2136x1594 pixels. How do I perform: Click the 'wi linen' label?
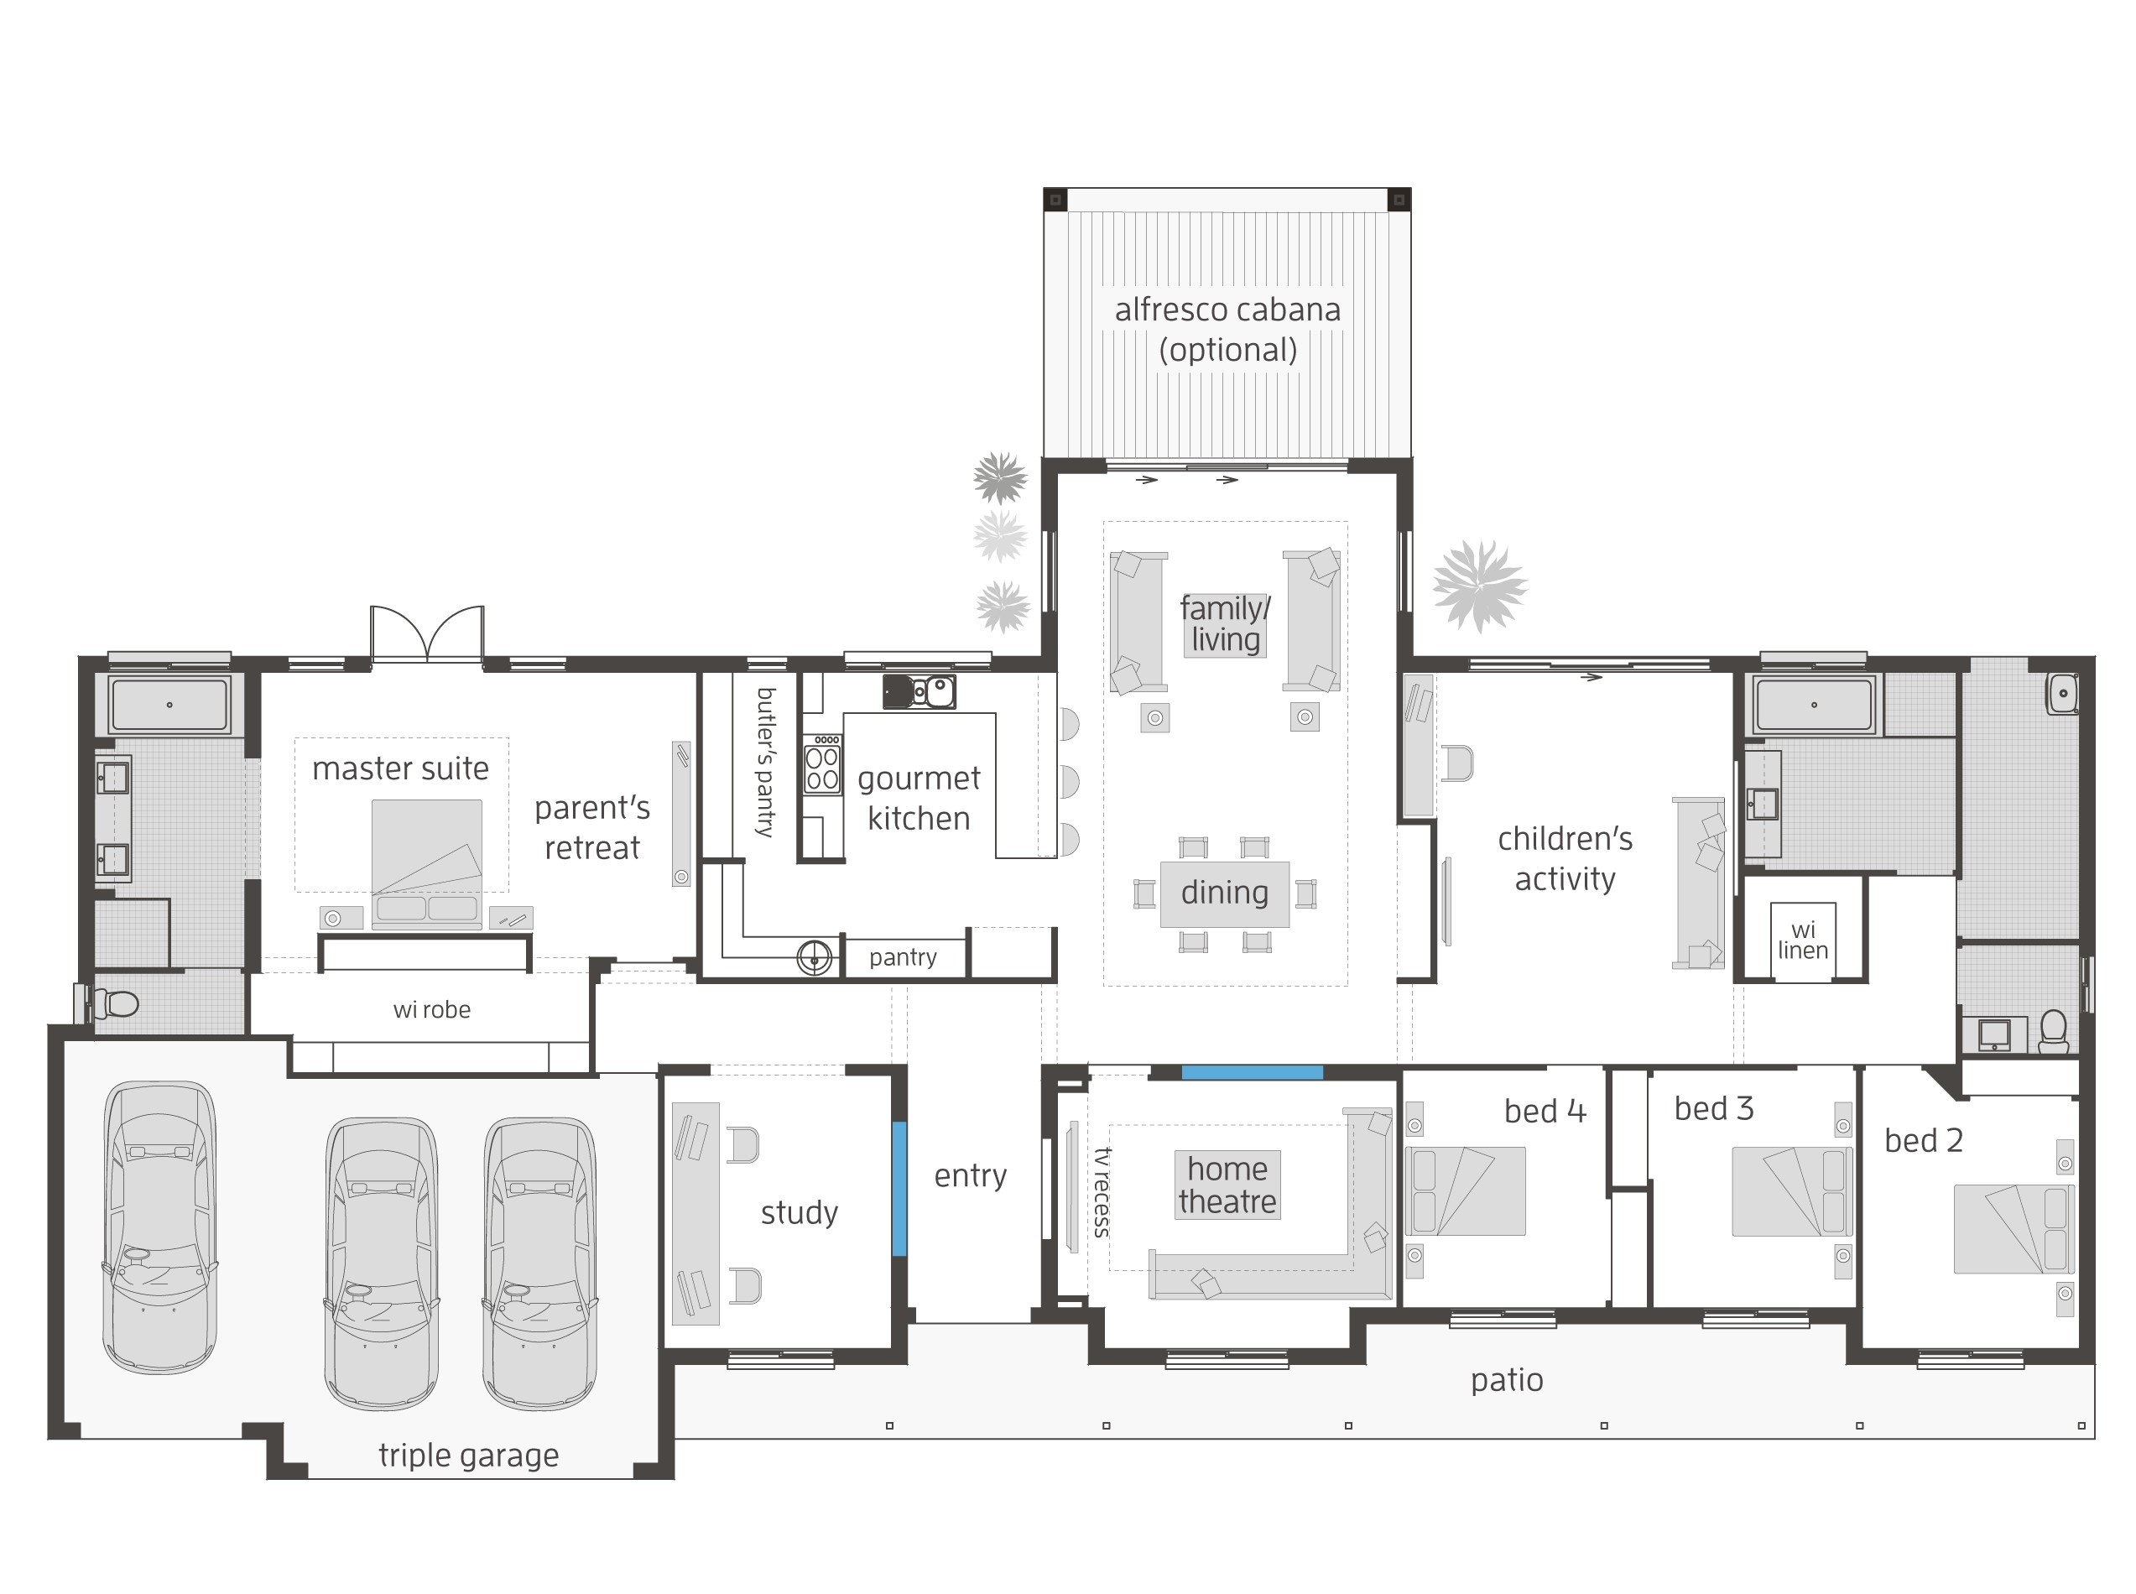1801,940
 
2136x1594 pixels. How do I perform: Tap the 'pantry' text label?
902,957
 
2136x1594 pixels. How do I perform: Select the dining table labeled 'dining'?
1223,893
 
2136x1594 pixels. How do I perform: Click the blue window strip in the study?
899,1188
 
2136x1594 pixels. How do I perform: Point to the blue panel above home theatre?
1251,1072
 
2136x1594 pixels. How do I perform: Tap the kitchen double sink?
931,690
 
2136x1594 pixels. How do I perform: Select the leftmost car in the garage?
160,1226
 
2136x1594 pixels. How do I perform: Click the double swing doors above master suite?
426,635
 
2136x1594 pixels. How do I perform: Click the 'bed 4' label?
1544,1112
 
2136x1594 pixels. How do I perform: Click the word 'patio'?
1506,1380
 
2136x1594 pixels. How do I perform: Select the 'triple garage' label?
468,1455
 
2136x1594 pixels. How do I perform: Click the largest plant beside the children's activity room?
1478,586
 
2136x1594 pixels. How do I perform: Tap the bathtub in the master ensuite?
169,705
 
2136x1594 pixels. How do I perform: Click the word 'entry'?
970,1175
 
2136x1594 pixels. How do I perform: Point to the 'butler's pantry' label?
765,763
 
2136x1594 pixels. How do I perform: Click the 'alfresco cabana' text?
1227,310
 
